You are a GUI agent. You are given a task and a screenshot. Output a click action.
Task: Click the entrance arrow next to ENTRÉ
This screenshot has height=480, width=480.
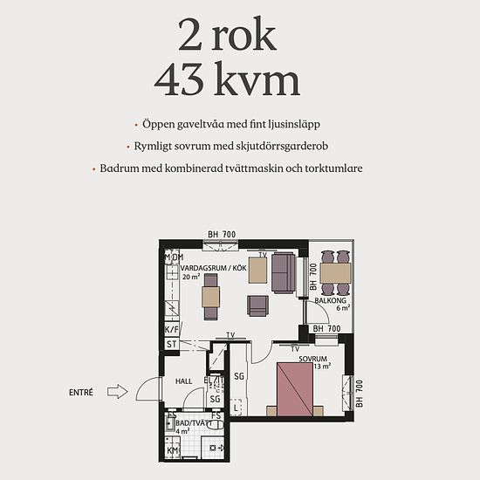(x=117, y=392)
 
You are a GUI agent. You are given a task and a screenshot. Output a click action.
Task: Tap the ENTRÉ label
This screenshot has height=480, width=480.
(x=81, y=392)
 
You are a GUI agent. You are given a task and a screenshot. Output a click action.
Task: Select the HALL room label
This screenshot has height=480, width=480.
(x=183, y=381)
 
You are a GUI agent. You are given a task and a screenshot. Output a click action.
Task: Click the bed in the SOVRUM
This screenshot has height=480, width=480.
(x=295, y=389)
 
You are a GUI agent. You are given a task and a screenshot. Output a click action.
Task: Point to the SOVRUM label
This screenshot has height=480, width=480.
(x=312, y=359)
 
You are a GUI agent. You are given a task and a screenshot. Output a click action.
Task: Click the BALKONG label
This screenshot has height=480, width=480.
(x=330, y=300)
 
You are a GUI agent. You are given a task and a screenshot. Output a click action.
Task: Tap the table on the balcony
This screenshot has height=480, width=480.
(x=335, y=273)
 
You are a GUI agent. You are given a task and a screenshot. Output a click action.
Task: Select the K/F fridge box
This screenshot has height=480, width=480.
(x=171, y=329)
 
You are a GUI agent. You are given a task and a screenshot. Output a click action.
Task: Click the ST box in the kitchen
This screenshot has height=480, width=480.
(x=171, y=345)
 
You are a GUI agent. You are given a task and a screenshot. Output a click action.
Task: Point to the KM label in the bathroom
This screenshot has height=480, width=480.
(x=172, y=450)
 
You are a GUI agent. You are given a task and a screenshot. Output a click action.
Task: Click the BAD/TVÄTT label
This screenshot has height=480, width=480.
(x=194, y=423)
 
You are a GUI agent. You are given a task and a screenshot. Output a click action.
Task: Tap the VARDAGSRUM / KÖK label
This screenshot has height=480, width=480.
(x=213, y=268)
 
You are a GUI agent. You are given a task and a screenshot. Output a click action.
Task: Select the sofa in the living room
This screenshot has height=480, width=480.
(x=283, y=273)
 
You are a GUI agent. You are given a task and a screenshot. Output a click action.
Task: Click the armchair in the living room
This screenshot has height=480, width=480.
(x=257, y=305)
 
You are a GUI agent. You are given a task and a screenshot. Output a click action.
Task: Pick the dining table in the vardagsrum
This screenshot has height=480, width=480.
(x=211, y=297)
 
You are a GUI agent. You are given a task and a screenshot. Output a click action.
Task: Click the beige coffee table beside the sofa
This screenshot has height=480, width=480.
(x=257, y=270)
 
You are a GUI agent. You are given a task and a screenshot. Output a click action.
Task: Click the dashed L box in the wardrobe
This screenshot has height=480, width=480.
(x=236, y=408)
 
